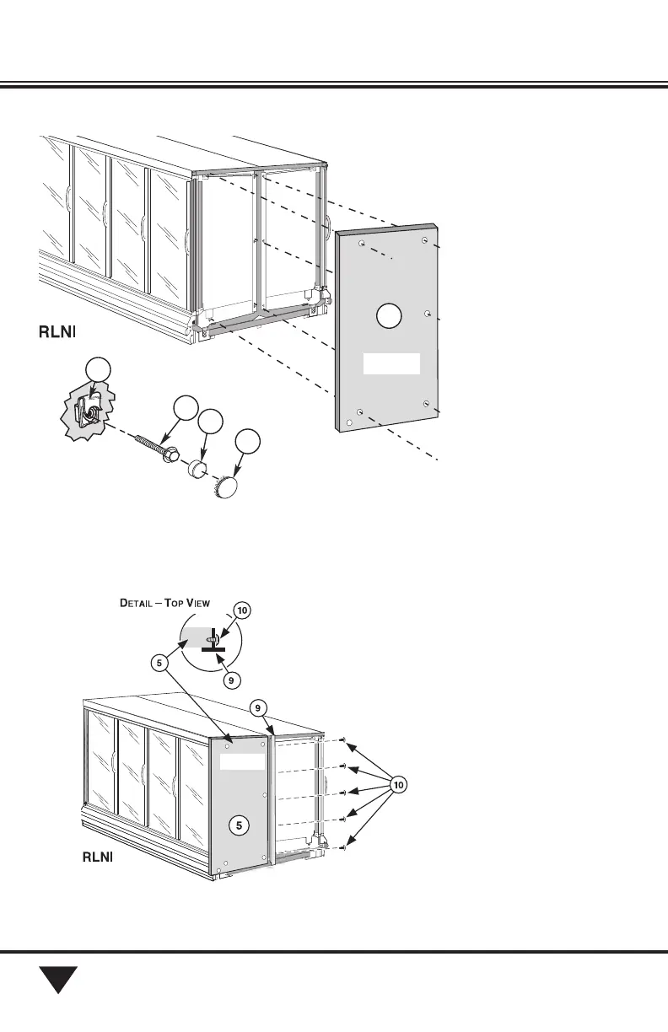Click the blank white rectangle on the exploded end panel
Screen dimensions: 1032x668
391,363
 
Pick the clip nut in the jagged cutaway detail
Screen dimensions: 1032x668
84,413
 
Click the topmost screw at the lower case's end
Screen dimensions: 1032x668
346,741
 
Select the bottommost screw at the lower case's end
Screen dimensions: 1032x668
346,847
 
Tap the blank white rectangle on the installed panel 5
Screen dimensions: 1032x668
242,762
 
